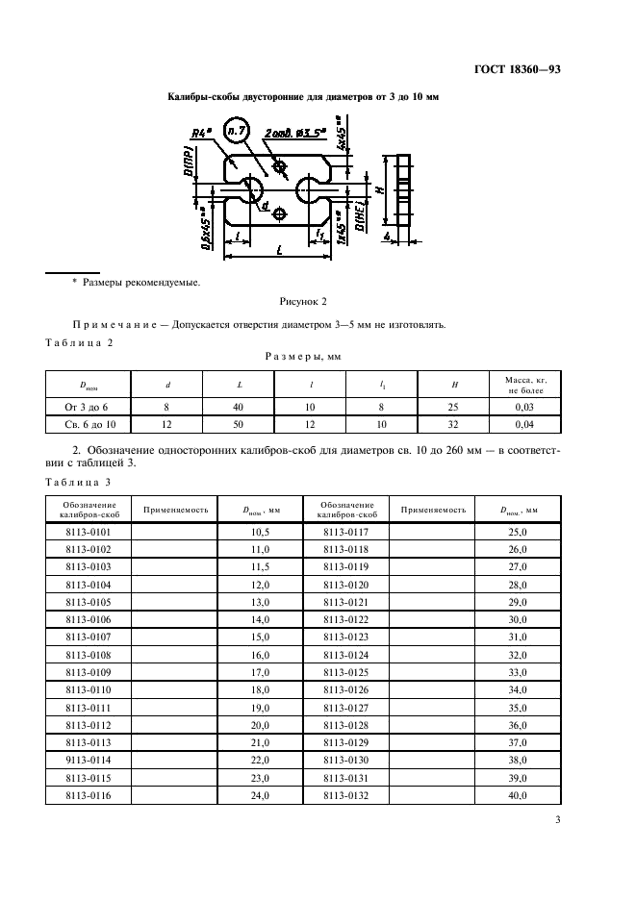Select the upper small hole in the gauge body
[x=280, y=167]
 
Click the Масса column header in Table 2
[x=524, y=385]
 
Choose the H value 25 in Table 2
[x=454, y=408]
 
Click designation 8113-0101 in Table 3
[x=88, y=530]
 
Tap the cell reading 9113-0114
[x=88, y=760]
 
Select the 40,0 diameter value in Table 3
[x=518, y=795]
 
